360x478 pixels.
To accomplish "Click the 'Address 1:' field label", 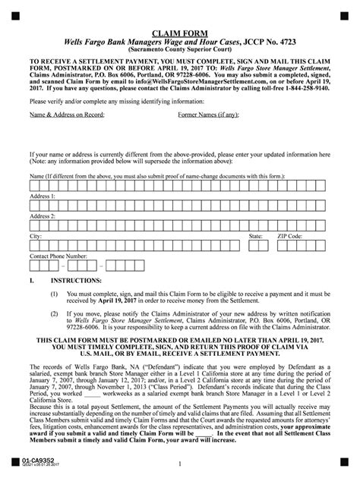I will click(43, 195).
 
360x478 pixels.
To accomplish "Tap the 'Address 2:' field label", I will click(43, 215).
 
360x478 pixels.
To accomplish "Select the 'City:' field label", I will click(35, 236).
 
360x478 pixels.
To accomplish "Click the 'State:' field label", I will click(256, 236).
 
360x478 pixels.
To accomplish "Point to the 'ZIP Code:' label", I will click(290, 236).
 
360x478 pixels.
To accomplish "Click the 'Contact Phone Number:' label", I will click(58, 256).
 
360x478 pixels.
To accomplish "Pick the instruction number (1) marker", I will click(54, 293).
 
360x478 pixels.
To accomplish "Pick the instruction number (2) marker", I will click(54, 311).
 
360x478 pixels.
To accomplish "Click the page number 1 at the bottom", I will click(180, 462).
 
